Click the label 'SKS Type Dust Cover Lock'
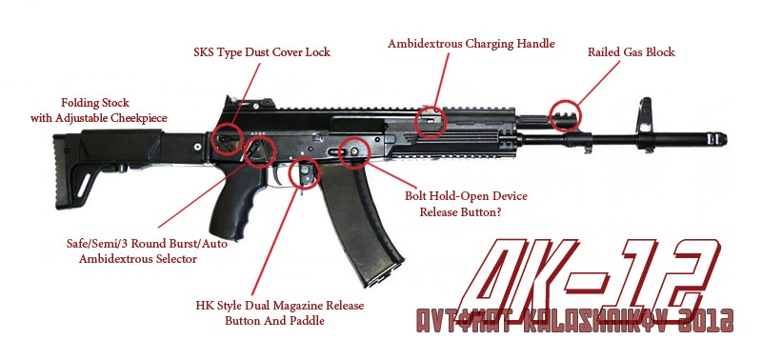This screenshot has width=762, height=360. [262, 52]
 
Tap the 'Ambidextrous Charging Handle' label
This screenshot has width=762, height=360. [471, 43]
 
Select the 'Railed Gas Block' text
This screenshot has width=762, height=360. [632, 52]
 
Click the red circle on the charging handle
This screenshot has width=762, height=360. [416, 123]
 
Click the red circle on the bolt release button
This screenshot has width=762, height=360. [340, 153]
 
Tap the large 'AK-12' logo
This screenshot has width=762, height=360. [588, 273]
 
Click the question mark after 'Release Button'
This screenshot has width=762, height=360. [498, 212]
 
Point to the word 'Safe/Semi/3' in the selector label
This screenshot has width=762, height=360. [98, 244]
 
